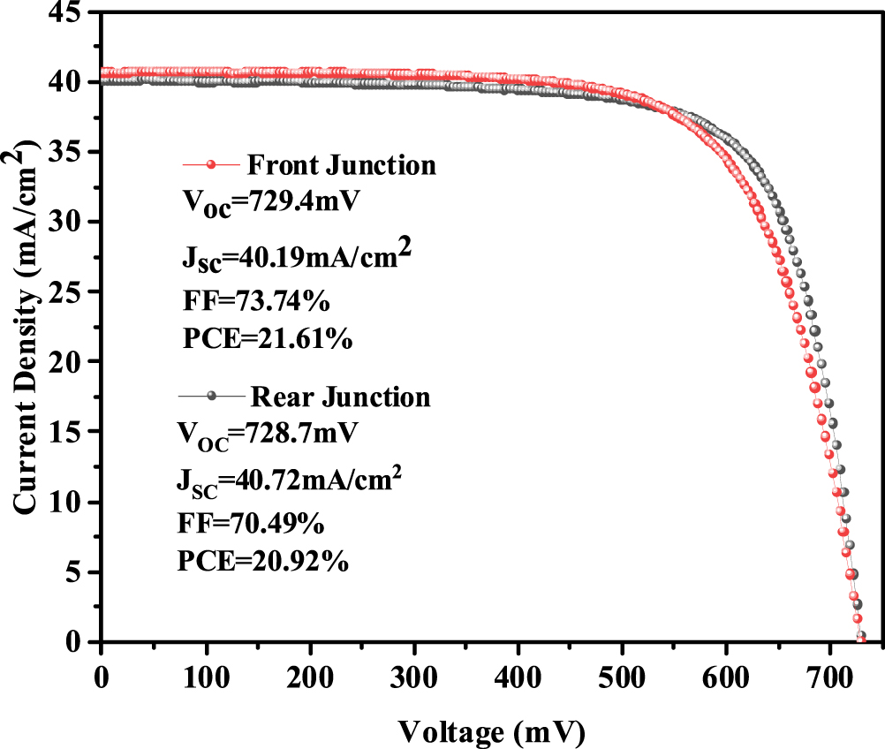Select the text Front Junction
click(x=340, y=165)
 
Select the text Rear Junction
click(x=340, y=397)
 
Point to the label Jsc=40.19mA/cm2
click(x=292, y=258)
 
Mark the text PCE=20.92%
click(x=263, y=560)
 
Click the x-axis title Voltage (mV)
click(x=491, y=730)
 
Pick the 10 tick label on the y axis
click(x=74, y=503)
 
